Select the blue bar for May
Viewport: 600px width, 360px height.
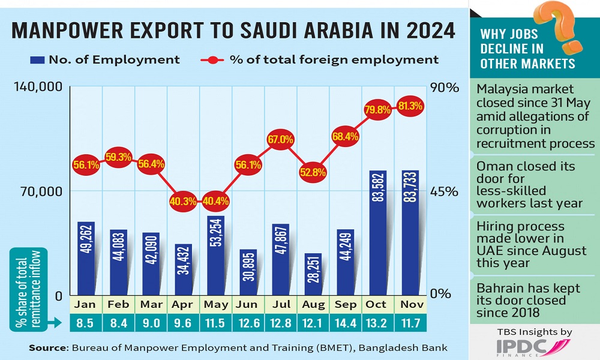point(215,255)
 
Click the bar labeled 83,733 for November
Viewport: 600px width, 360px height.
point(410,233)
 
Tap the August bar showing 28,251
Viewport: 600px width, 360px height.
point(313,274)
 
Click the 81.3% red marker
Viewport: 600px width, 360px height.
point(410,106)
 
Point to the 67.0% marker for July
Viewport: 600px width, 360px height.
point(280,139)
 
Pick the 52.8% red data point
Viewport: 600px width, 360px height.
point(313,172)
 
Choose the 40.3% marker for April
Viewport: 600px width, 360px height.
point(183,201)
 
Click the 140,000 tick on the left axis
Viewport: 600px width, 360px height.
point(38,86)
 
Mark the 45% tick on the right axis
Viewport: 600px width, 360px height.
point(444,191)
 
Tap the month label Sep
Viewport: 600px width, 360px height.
point(345,305)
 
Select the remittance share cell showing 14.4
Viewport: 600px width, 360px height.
point(345,323)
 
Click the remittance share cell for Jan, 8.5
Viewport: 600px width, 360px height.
point(85,323)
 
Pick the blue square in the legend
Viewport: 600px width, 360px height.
point(37,60)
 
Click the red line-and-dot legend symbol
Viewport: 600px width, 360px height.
point(212,60)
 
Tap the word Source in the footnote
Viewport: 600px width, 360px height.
point(48,348)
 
